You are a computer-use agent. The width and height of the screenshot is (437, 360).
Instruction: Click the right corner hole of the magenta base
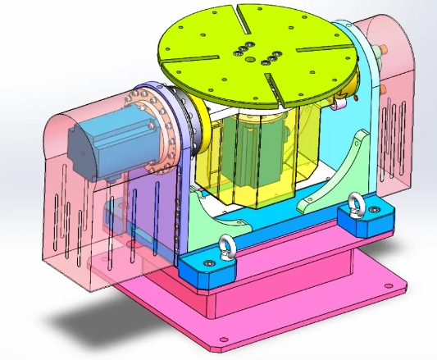click(x=398, y=288)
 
